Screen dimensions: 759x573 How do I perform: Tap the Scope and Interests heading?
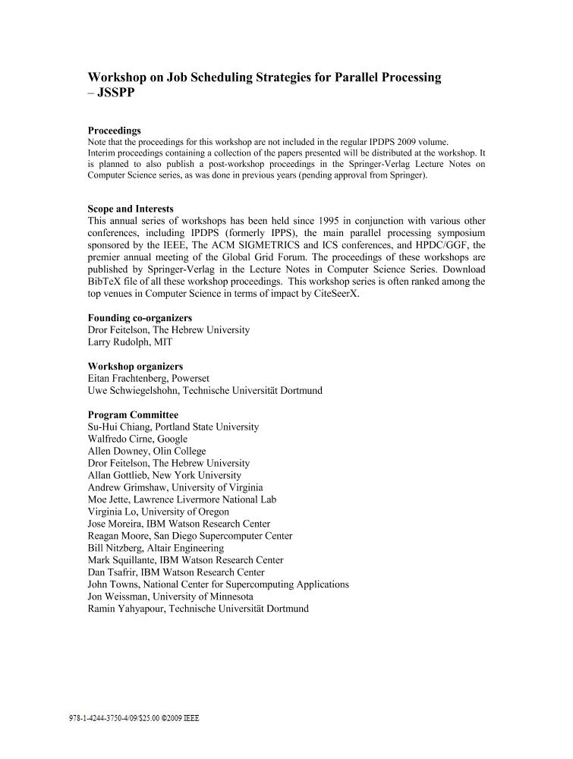point(131,209)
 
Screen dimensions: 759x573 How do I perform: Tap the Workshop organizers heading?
point(135,366)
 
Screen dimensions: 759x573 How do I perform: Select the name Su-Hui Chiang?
point(118,427)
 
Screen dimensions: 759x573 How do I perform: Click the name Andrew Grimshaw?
point(126,487)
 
